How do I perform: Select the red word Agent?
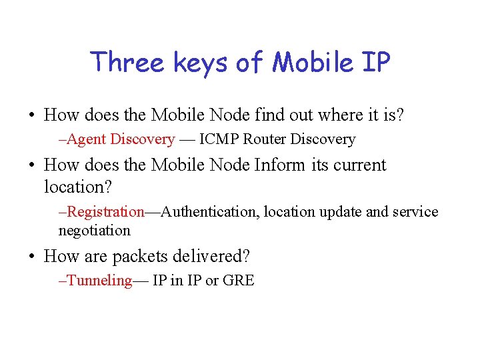[88, 139]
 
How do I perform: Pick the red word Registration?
[106, 212]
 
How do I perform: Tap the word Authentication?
[210, 212]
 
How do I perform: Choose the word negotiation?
[95, 230]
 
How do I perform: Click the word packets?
[141, 256]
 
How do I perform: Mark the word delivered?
[211, 256]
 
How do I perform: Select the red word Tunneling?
[100, 281]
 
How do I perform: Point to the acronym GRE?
[238, 281]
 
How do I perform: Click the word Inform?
[279, 165]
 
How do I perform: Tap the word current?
[360, 165]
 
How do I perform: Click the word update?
[340, 212]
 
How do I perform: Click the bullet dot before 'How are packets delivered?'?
[31, 257]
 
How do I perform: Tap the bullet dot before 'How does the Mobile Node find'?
[31, 115]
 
